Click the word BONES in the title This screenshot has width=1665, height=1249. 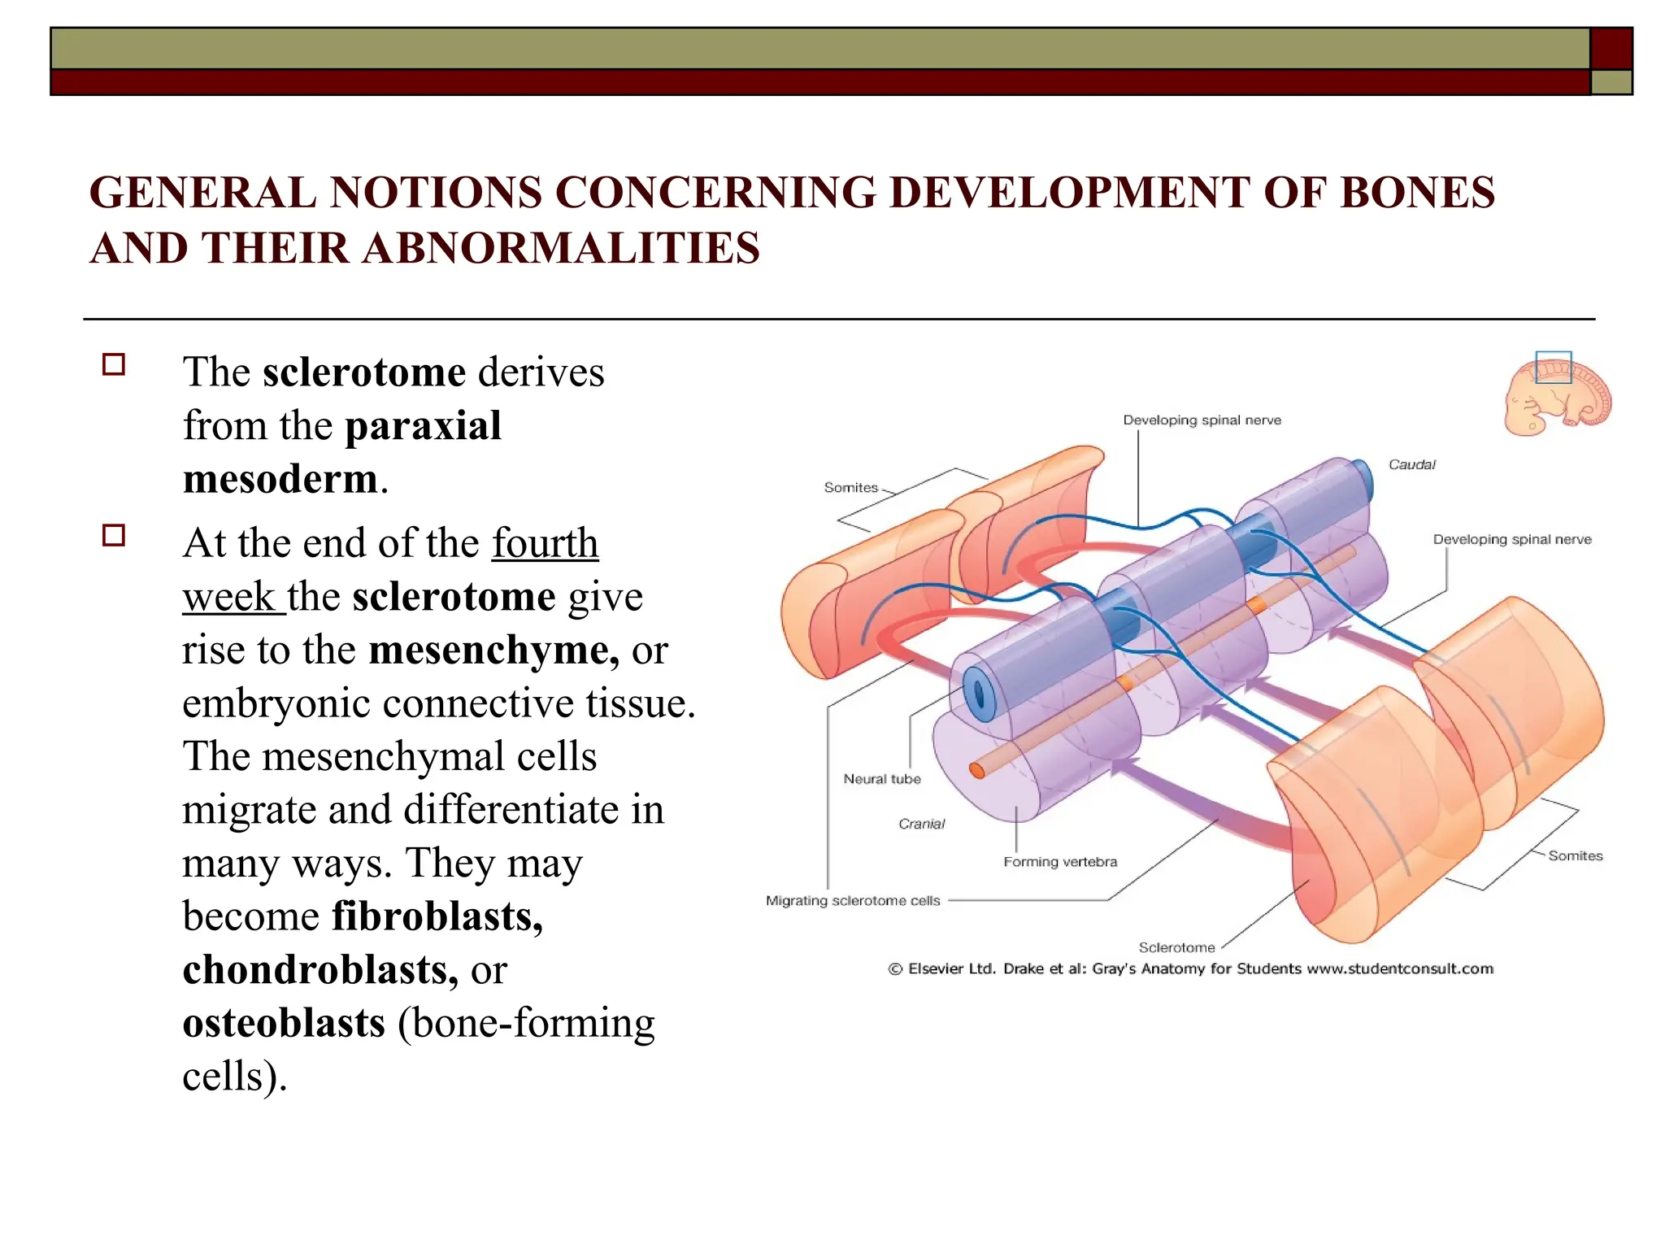(x=1416, y=194)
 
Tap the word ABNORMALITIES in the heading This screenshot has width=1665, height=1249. (x=561, y=249)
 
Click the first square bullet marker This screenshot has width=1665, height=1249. (x=114, y=364)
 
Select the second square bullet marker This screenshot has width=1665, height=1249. (x=114, y=535)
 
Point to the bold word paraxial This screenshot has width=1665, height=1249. (x=423, y=426)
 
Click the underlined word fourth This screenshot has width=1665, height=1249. (x=545, y=543)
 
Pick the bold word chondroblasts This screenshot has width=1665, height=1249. (x=320, y=969)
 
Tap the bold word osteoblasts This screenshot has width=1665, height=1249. (x=284, y=1023)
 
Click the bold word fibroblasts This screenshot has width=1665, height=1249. (x=437, y=916)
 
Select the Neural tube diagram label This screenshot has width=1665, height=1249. (x=882, y=779)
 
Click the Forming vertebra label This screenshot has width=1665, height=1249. (x=1060, y=862)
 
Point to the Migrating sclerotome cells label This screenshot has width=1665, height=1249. (x=853, y=901)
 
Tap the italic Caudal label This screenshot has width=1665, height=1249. (x=1411, y=465)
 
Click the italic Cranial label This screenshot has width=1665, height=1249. (x=921, y=824)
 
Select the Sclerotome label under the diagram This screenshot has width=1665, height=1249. (x=1176, y=947)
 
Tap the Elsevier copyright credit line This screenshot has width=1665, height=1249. (x=1190, y=968)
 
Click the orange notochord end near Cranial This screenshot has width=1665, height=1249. (x=977, y=770)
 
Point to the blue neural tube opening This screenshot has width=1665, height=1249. (x=979, y=694)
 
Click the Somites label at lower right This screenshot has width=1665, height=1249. (x=1575, y=855)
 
